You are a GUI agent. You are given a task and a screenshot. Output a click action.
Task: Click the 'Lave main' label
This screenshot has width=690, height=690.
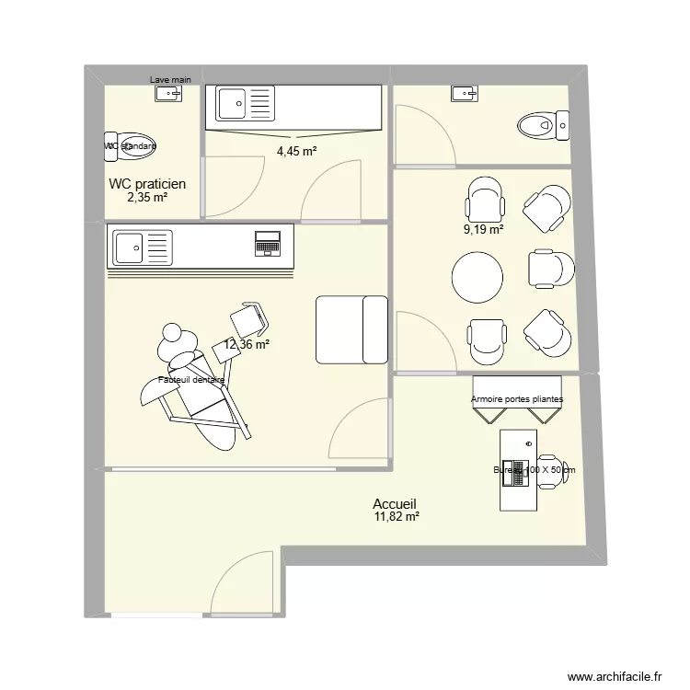coord(170,80)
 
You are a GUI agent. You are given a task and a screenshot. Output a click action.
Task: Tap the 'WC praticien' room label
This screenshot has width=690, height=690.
coord(147,184)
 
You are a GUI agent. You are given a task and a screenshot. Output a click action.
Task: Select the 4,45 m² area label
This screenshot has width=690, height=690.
coord(296,152)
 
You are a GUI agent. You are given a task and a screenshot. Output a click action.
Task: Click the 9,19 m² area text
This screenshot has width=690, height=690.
coord(483,230)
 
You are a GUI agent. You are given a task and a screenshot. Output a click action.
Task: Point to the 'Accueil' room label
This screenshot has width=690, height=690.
coord(395,504)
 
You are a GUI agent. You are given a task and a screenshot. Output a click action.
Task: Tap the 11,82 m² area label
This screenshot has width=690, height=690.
coord(397,518)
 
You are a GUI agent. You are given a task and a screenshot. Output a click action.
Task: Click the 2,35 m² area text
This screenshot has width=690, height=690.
coord(147,197)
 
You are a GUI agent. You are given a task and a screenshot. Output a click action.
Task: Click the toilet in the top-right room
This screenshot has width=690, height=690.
coord(544,124)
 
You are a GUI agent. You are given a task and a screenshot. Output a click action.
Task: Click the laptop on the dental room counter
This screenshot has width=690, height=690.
coord(268,244)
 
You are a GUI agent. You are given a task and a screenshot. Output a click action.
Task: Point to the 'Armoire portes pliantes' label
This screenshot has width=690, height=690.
coord(517,399)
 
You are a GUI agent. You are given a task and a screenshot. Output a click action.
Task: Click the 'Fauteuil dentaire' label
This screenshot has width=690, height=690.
coord(192,379)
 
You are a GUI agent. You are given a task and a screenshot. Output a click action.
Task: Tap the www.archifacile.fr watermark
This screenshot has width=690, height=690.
coord(615,676)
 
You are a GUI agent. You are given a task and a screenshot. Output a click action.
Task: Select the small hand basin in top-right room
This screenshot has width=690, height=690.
coord(465,92)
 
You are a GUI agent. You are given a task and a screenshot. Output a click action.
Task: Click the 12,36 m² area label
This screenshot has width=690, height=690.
coord(247,345)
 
